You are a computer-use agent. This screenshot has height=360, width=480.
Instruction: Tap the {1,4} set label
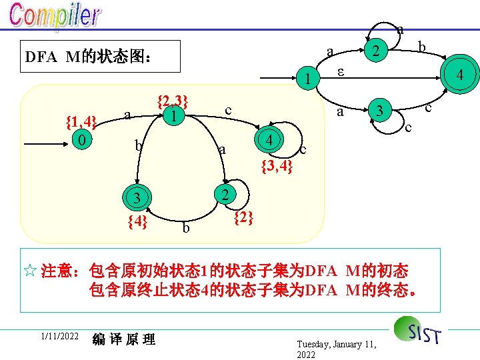tap(81, 121)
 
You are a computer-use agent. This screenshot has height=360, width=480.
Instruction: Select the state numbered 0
tap(80, 141)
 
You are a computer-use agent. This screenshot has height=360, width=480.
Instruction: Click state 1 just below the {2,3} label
tap(173, 116)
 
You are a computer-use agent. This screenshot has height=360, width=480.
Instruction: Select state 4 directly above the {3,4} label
tap(269, 141)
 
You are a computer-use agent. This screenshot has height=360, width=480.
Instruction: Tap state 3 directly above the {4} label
tap(136, 198)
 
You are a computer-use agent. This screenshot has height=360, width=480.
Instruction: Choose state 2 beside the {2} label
tap(226, 195)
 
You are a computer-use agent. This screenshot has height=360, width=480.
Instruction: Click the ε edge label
tap(340, 71)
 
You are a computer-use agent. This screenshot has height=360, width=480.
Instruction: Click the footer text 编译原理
tap(124, 339)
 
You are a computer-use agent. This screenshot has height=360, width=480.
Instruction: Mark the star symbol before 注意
tap(29, 271)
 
